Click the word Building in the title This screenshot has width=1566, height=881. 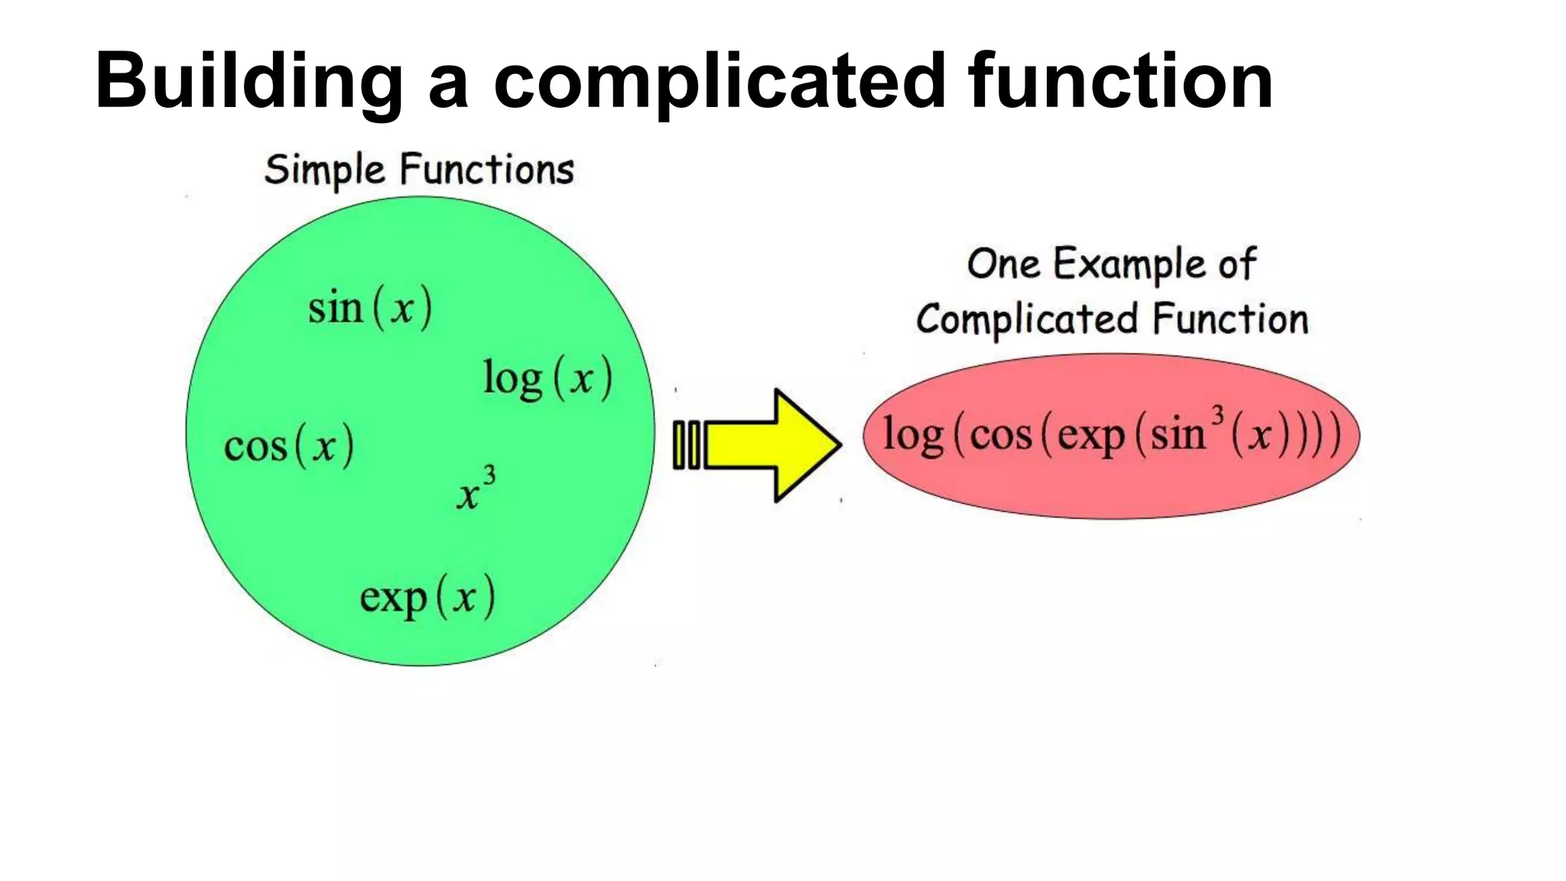(x=249, y=81)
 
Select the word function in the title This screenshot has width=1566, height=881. (x=1119, y=80)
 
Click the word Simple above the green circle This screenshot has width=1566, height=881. (x=324, y=171)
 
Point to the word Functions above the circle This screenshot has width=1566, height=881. (x=487, y=169)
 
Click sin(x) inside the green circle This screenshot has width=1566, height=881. (x=370, y=308)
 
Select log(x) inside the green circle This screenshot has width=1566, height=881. (x=547, y=378)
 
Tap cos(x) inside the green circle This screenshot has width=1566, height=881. (x=289, y=446)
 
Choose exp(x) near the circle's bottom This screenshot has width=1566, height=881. (x=427, y=597)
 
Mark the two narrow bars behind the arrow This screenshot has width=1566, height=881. (x=686, y=445)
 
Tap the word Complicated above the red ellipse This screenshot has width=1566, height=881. (x=1028, y=320)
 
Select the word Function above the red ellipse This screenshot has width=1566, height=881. (x=1230, y=319)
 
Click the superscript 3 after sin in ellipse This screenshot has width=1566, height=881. (x=1218, y=416)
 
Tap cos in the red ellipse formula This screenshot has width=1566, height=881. (x=1001, y=435)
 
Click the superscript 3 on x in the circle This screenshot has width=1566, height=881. (x=489, y=476)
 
